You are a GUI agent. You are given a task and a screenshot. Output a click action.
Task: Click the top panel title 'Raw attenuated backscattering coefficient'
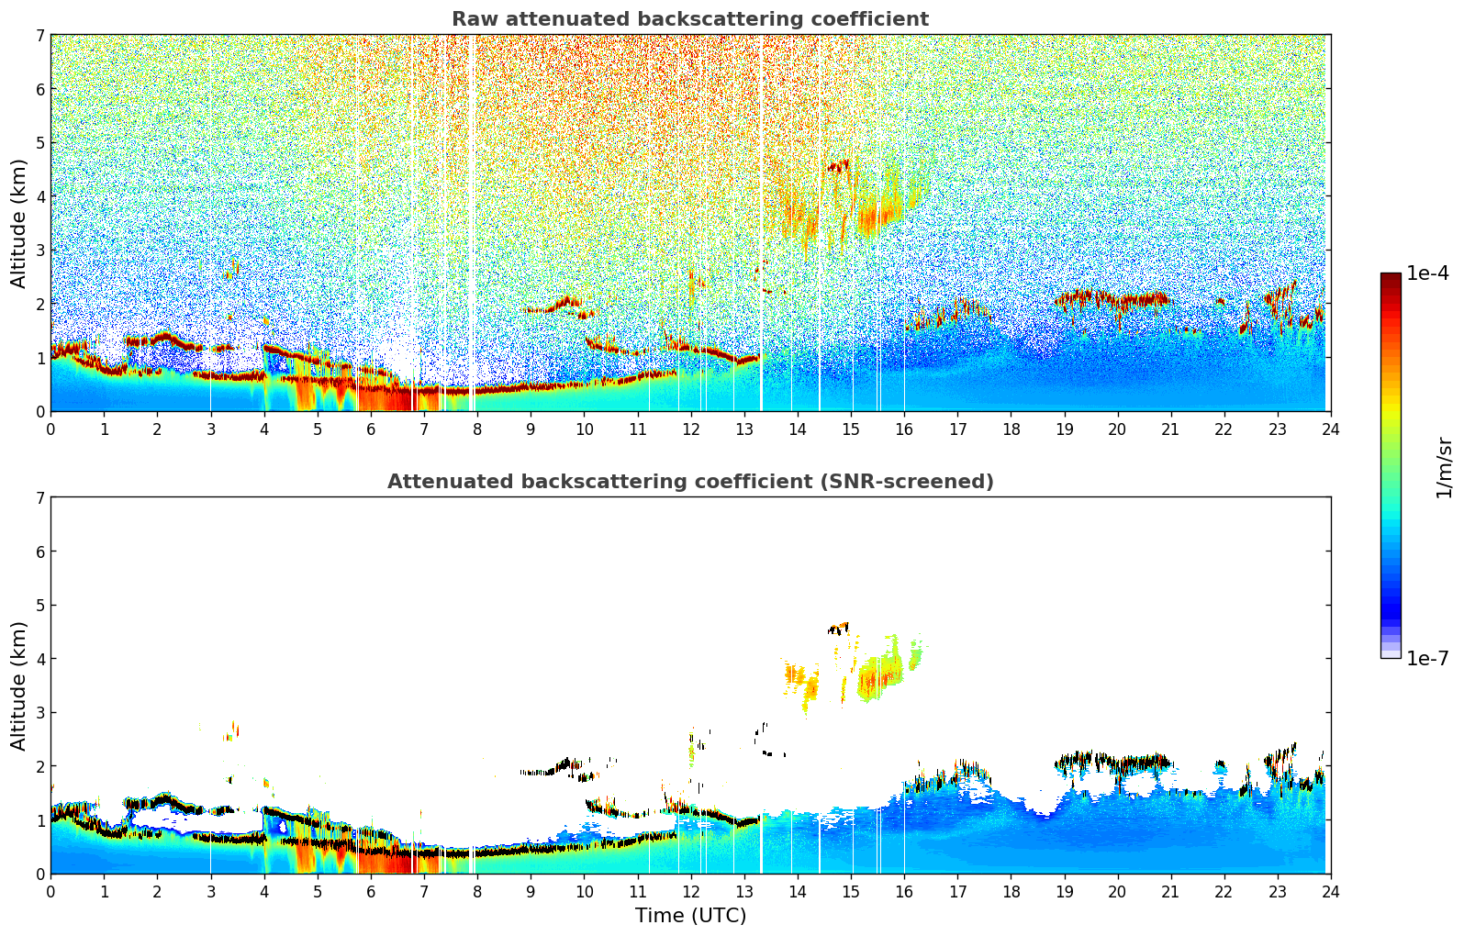point(689,19)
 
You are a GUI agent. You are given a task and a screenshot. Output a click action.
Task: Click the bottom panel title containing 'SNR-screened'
point(689,482)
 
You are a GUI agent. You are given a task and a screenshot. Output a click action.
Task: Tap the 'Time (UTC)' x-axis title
point(690,916)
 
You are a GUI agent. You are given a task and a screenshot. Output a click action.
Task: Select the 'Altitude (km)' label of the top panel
point(19,223)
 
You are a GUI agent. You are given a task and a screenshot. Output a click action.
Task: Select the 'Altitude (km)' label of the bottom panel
point(19,685)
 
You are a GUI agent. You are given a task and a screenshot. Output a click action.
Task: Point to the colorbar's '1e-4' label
point(1427,273)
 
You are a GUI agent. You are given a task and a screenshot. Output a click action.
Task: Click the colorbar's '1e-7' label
point(1427,658)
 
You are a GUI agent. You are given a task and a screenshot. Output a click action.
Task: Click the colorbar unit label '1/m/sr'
point(1444,467)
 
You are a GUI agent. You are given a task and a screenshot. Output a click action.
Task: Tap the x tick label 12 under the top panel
point(690,429)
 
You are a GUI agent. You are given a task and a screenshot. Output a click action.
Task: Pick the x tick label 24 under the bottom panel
point(1330,891)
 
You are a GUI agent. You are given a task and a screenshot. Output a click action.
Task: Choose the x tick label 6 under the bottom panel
point(371,891)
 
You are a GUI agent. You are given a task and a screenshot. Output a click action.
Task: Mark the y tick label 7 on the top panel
point(39,36)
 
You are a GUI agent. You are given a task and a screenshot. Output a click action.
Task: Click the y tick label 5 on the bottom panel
point(39,605)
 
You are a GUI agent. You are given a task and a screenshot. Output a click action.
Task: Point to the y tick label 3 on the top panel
point(39,251)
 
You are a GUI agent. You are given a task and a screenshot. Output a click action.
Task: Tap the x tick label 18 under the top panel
point(1011,429)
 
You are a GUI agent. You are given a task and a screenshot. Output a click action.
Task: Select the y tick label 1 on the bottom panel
point(39,820)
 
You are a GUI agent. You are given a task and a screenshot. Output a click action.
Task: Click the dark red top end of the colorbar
point(1391,278)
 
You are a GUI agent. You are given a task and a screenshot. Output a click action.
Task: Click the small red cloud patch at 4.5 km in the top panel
point(839,166)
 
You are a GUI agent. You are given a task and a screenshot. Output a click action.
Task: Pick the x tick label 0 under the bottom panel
point(50,891)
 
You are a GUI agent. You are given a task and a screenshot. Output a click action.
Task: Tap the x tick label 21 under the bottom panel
point(1170,891)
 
